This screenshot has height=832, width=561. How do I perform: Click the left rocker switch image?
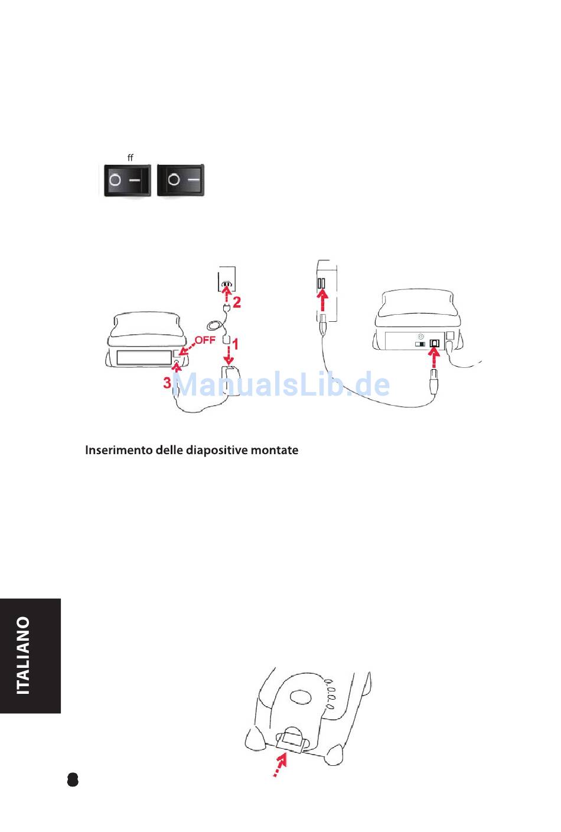[x=128, y=180]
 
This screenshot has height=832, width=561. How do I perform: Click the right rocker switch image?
[x=181, y=180]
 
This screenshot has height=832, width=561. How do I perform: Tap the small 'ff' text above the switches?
[x=130, y=158]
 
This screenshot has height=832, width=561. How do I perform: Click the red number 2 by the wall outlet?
[x=237, y=302]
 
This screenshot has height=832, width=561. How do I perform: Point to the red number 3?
[x=167, y=382]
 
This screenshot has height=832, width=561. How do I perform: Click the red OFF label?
[x=205, y=340]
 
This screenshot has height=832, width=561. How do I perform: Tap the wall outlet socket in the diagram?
[x=227, y=284]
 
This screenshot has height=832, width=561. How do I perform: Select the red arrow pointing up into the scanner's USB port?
[x=434, y=360]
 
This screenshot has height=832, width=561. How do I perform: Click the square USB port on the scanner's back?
[x=434, y=344]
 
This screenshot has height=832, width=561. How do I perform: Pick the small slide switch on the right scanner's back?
[x=420, y=344]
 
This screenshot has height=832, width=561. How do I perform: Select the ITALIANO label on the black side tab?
[x=24, y=655]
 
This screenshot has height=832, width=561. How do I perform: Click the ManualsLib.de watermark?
[x=281, y=384]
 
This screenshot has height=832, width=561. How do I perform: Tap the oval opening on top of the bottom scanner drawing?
[x=301, y=697]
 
